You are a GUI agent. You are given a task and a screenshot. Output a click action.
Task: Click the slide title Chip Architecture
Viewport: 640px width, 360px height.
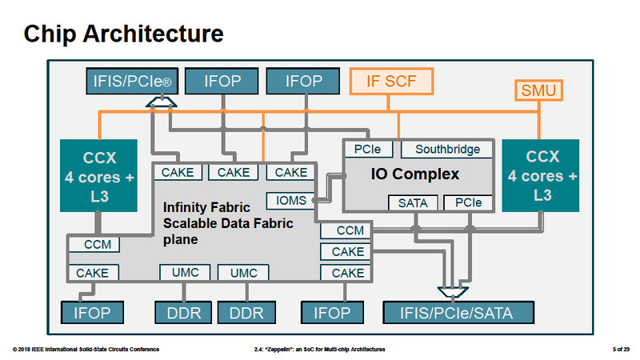122,34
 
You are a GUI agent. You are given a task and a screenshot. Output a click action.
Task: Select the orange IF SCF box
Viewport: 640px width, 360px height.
392,81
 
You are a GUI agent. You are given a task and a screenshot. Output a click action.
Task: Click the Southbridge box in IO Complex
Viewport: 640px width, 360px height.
447,150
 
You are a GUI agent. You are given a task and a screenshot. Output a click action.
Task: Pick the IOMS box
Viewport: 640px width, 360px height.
291,201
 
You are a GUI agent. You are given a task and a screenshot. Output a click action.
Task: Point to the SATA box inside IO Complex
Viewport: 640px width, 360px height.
412,203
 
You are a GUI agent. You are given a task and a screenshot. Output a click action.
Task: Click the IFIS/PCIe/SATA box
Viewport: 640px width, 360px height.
458,311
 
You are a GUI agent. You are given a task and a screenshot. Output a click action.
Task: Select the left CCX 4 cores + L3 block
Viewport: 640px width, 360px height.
99,175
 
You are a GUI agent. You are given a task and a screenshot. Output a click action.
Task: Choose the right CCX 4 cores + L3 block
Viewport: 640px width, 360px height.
542,175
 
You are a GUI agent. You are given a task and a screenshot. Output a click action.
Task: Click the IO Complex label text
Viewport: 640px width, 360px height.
415,174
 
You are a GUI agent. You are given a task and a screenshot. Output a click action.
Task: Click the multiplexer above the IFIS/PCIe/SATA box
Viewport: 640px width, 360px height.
454,288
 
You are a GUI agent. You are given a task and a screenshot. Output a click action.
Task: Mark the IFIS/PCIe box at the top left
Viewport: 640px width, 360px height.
130,81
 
